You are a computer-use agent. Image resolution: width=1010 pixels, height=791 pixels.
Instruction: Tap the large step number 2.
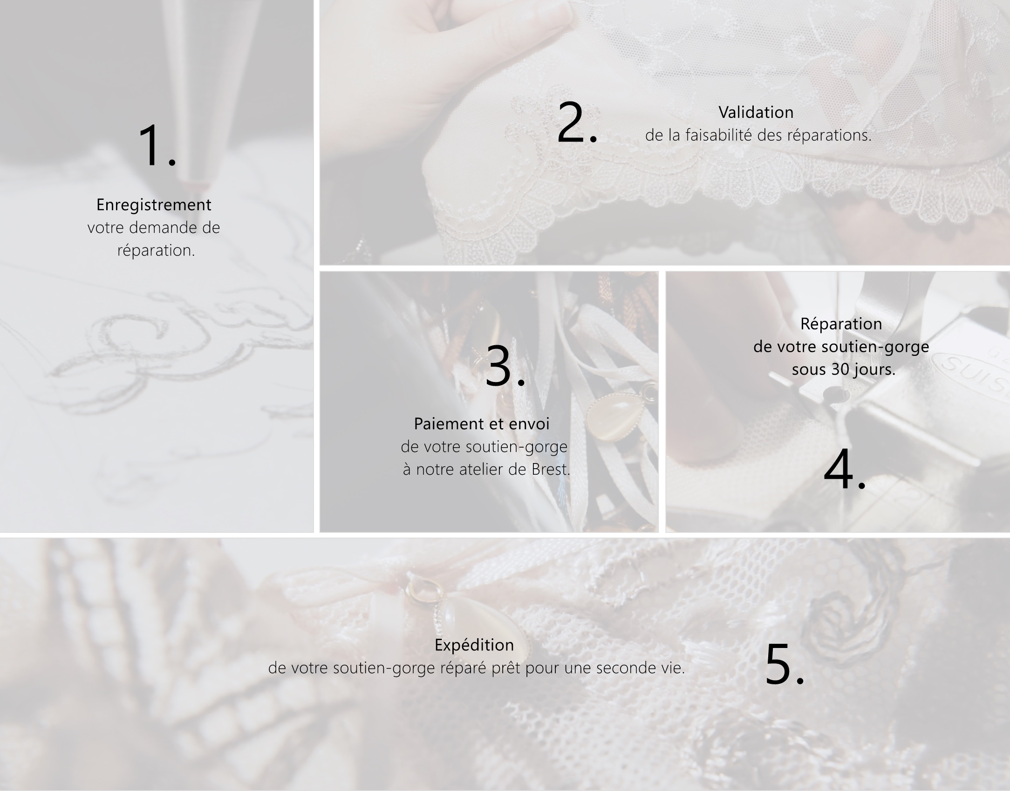577,122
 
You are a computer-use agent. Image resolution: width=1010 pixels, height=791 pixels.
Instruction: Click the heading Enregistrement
154,205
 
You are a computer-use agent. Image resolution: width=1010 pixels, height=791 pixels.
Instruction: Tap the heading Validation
756,112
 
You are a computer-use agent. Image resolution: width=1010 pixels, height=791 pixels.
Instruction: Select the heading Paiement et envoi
482,424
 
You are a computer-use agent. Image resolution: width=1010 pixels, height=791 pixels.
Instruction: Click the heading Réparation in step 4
841,324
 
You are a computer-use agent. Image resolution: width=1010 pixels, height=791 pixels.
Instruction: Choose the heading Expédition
474,645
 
